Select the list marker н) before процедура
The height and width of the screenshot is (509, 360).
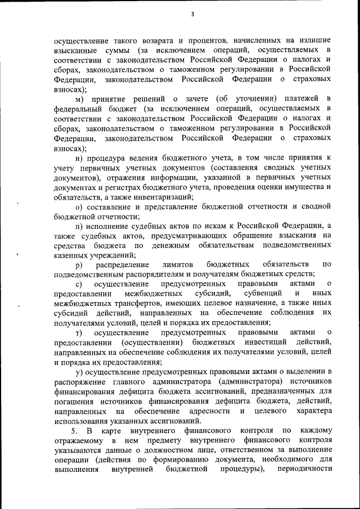[x=79, y=157]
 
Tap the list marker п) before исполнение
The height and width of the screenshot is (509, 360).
[x=79, y=226]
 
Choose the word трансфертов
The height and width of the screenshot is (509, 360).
[x=128, y=303]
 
